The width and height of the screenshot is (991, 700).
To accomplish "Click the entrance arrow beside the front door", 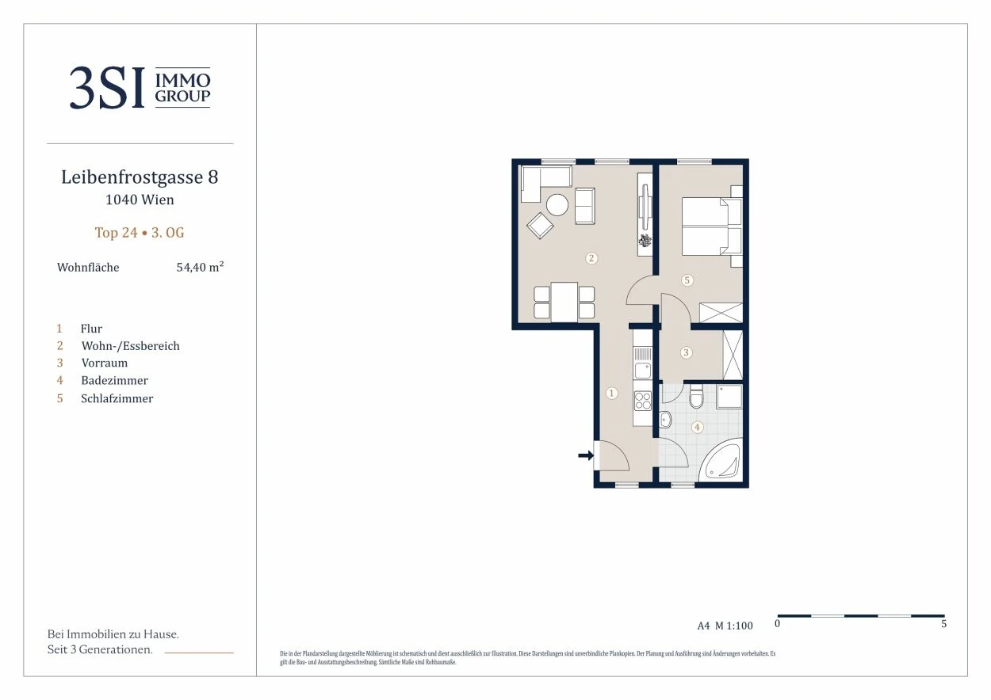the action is tap(586, 455).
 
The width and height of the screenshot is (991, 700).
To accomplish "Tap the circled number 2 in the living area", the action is tap(591, 258).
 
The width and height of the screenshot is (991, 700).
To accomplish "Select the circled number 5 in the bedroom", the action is tap(687, 280).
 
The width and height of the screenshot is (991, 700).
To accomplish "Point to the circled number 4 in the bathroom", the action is tap(697, 427).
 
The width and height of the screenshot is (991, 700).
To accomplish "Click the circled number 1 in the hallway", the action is tap(612, 393).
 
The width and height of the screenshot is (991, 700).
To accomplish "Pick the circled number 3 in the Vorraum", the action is tap(687, 352).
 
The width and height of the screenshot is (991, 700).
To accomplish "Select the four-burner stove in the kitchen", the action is tap(643, 401).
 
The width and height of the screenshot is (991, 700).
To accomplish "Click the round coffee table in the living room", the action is tap(557, 205).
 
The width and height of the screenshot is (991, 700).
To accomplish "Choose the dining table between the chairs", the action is tap(564, 302).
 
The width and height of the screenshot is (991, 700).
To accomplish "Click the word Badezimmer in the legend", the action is tap(115, 381).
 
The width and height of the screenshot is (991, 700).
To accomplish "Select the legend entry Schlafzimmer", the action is tap(117, 398).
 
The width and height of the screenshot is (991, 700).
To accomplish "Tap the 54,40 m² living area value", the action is tap(200, 267).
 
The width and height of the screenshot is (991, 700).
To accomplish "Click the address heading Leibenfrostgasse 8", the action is tap(140, 177).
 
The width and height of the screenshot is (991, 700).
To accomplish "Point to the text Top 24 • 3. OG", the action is tap(140, 233).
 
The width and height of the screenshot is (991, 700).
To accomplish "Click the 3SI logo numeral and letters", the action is tap(108, 87).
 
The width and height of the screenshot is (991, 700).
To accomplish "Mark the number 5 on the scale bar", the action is tap(943, 623).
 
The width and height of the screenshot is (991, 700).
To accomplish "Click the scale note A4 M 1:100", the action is tap(725, 626).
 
